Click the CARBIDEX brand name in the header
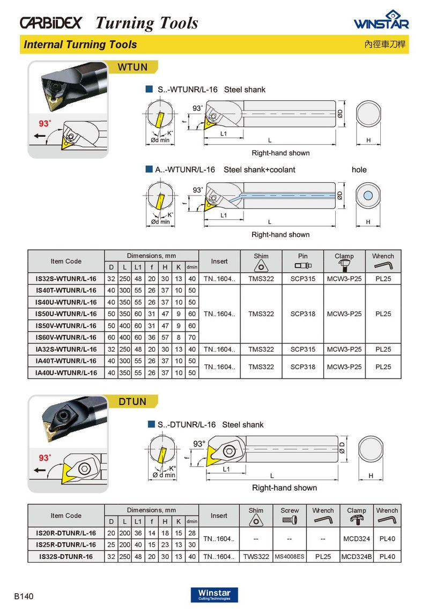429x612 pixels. pos(51,23)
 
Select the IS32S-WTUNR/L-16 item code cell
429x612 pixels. pos(66,279)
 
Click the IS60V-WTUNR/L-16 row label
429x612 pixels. pos(66,338)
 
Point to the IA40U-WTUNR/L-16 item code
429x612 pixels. pos(66,372)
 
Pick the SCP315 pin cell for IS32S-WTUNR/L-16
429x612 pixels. pos(302,279)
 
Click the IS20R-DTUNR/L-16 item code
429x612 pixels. pos(66,533)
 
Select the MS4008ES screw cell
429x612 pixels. pos(290,557)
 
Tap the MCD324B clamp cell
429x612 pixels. pos(356,557)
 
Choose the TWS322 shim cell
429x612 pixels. pos(256,557)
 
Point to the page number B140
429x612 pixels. pos(24,596)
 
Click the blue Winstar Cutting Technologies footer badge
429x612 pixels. pos(214,594)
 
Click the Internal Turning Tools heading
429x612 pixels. pos(80,45)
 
